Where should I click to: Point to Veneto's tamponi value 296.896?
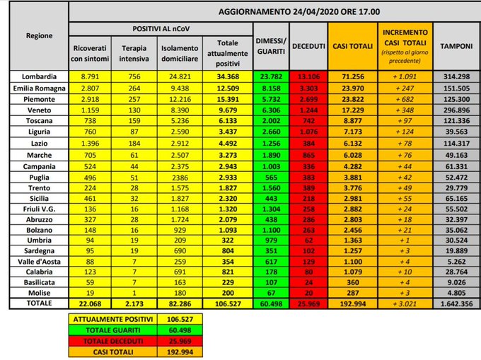pyautogui.click(x=453, y=111)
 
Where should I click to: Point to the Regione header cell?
pyautogui.click(x=35, y=35)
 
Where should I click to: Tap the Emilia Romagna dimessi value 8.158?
pyautogui.click(x=271, y=88)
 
